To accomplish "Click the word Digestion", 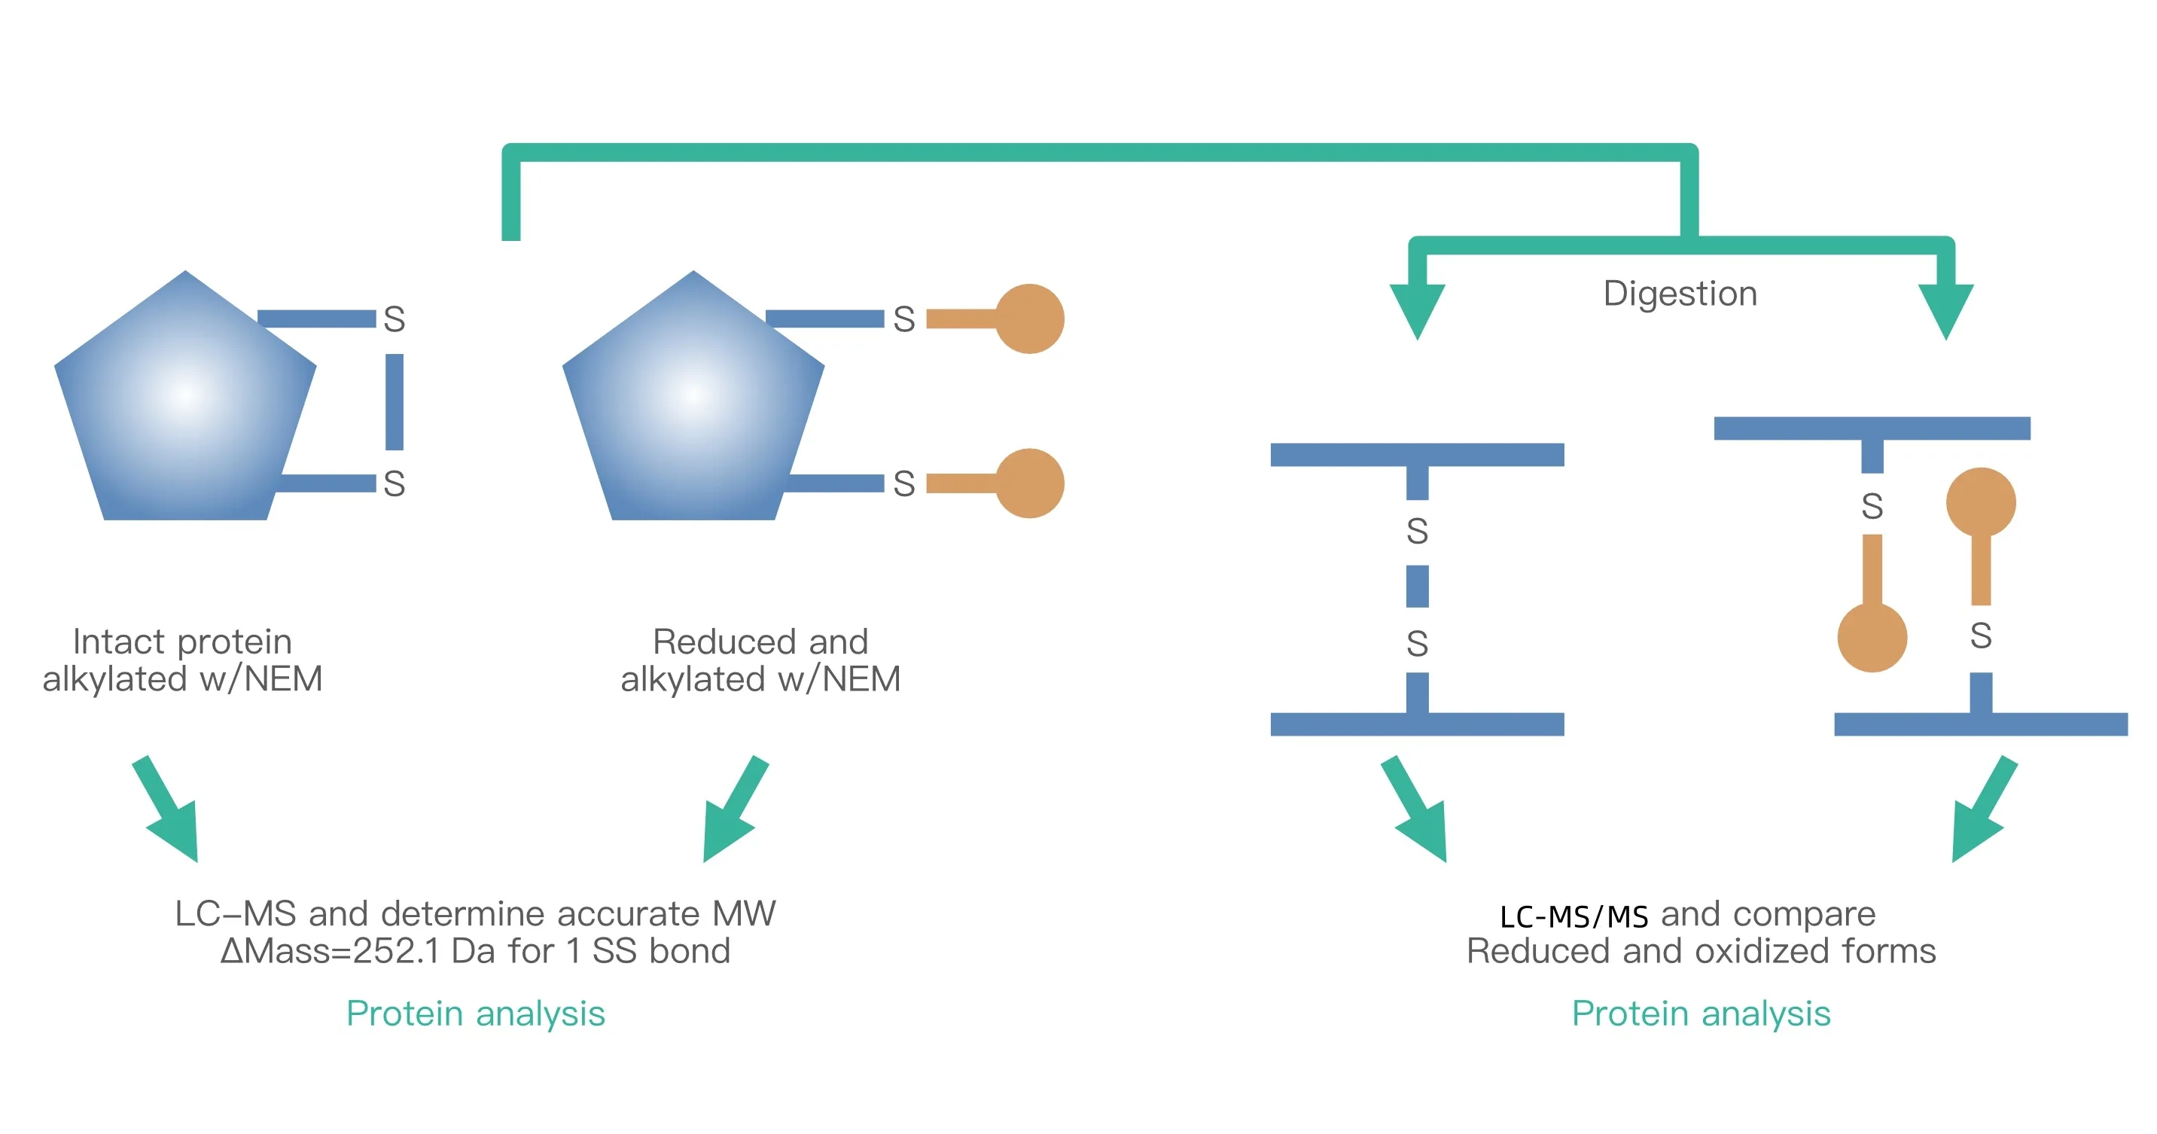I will click(1680, 294).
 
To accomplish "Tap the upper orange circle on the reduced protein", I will click(1029, 319).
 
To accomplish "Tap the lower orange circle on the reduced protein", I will click(1029, 483).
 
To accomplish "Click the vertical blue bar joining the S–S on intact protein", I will click(395, 401).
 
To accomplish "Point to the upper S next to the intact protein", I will click(395, 319).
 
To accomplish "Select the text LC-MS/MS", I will click(1574, 916).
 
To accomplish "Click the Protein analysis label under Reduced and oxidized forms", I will click(1701, 1014).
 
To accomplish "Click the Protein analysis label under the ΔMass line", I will click(475, 1014).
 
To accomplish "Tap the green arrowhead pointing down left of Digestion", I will click(1417, 310).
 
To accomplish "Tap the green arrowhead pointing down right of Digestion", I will click(1946, 310).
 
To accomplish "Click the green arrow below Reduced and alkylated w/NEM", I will click(731, 812).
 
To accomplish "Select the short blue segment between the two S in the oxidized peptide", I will click(1417, 587).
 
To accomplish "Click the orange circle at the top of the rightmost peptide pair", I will click(1980, 502).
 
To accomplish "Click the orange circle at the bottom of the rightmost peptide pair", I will click(1872, 637).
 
